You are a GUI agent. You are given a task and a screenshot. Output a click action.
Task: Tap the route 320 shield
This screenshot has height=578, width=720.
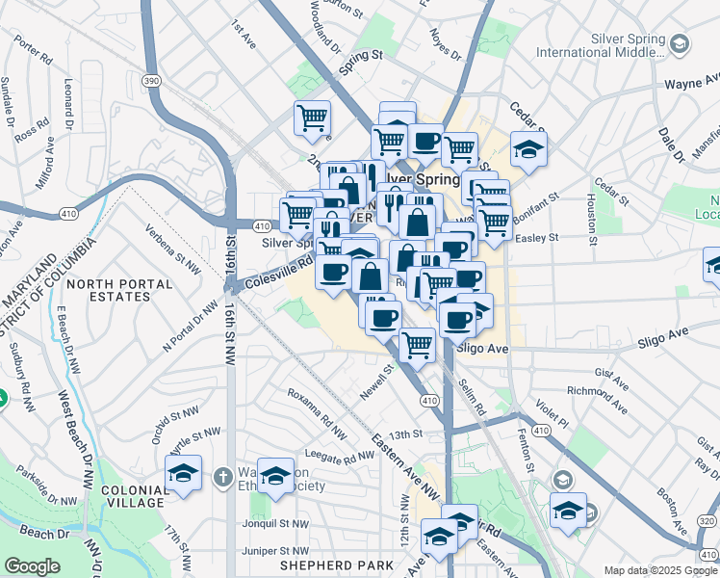click(706, 521)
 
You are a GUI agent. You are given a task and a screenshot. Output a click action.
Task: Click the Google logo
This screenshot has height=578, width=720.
click(32, 565)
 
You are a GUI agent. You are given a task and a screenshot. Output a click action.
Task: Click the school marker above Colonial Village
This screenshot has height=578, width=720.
click(183, 473)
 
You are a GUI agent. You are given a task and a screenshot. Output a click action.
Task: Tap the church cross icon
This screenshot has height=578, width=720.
click(222, 476)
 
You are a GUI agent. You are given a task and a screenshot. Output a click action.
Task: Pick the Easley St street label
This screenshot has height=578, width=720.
click(539, 237)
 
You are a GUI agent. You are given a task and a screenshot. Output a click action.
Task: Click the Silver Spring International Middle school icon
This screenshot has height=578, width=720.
click(681, 43)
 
